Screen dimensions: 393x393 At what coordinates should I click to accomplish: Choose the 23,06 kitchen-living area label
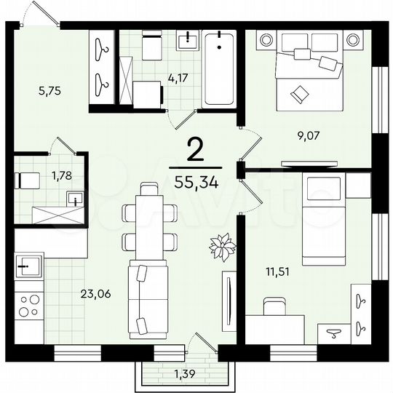pyautogui.click(x=95, y=295)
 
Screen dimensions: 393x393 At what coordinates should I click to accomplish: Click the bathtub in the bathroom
pyautogui.click(x=218, y=69)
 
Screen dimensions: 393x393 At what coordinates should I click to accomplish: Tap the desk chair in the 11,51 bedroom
pyautogui.click(x=275, y=306)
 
